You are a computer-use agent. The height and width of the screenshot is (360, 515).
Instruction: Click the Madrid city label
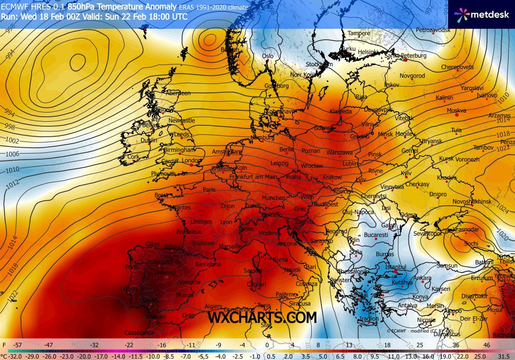[167, 273]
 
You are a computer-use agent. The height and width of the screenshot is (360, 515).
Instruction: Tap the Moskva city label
[456, 111]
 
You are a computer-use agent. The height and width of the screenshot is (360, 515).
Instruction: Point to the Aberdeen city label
[178, 93]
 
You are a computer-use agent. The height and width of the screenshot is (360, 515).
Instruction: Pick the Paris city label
[209, 190]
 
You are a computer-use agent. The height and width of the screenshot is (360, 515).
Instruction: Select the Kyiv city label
[406, 173]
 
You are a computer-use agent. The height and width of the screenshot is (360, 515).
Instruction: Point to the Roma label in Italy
[280, 260]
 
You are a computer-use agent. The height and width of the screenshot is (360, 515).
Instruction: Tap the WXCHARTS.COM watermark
[262, 317]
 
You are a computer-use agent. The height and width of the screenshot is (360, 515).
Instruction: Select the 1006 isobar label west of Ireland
[12, 154]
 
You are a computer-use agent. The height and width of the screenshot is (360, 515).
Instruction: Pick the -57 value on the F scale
[18, 345]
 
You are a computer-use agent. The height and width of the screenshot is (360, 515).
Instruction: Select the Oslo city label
[267, 56]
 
